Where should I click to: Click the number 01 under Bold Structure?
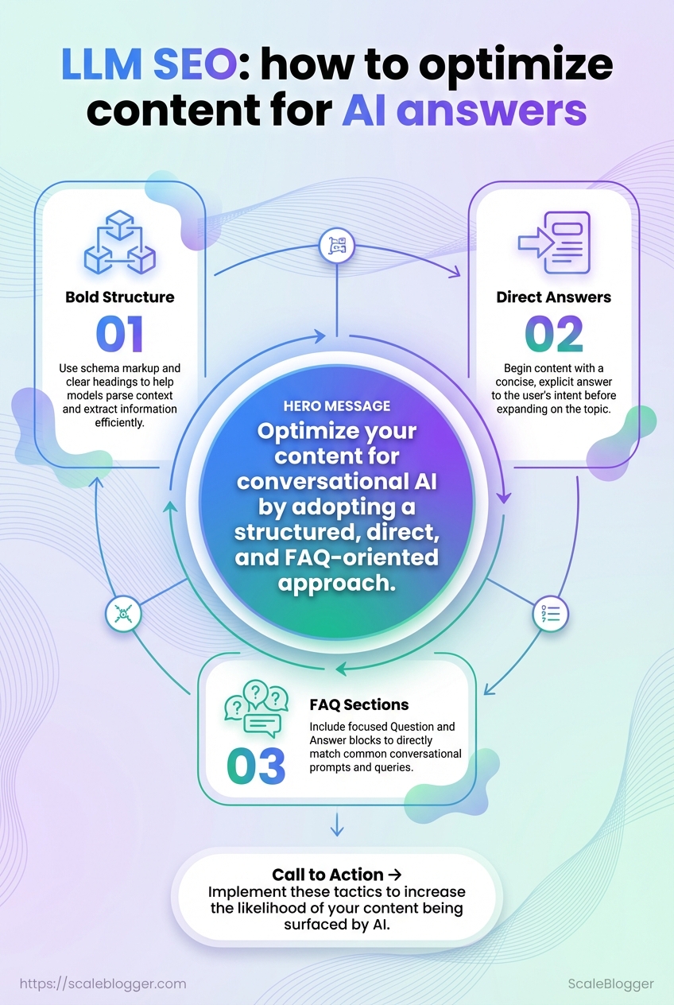click(119, 334)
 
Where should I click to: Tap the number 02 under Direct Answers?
click(553, 334)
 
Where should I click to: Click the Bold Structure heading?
click(119, 297)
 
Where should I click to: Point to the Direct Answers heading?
click(554, 297)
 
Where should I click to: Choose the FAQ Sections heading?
click(359, 704)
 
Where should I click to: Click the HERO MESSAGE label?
click(337, 405)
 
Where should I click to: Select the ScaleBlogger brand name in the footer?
click(610, 984)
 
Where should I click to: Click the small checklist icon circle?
click(550, 613)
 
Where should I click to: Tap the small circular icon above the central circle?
click(336, 246)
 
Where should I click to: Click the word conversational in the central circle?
click(337, 482)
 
